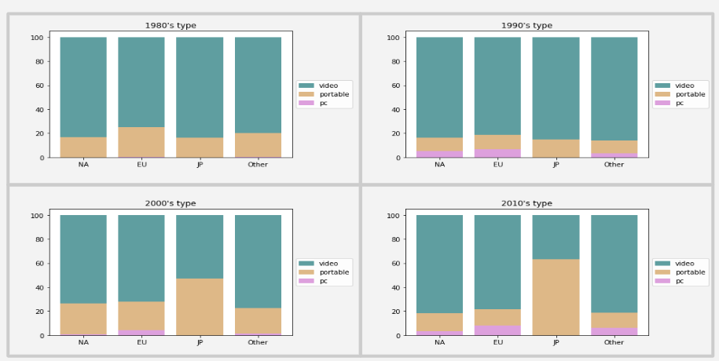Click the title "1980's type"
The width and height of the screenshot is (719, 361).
171,26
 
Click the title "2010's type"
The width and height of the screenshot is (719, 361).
526,203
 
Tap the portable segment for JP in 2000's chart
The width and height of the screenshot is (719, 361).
200,307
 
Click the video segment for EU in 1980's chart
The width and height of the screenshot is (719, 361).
141,82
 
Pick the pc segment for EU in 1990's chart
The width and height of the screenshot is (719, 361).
497,153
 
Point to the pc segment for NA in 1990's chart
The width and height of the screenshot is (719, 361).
439,154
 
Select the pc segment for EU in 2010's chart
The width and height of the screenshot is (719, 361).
497,330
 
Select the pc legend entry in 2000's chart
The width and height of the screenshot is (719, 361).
324,281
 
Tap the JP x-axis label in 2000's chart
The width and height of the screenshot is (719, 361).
200,342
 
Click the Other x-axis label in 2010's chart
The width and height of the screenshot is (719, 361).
614,342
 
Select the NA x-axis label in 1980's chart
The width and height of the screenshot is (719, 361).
83,165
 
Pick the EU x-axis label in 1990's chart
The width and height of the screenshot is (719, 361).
497,165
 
